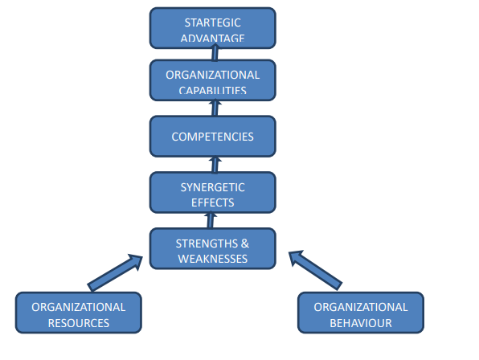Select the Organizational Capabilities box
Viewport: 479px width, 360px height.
tap(212, 80)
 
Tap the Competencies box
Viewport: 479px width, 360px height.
tap(212, 136)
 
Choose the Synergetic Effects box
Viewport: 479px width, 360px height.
tap(212, 193)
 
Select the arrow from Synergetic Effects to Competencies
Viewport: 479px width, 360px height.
tap(214, 165)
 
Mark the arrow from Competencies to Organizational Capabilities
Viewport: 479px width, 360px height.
tap(215, 108)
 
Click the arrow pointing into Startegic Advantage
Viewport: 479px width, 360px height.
tap(215, 53)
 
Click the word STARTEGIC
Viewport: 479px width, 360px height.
tap(212, 22)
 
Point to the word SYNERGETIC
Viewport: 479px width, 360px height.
tap(212, 187)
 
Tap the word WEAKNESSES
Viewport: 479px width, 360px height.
tap(212, 259)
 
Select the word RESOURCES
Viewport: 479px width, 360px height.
tap(78, 323)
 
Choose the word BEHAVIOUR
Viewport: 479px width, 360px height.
tap(360, 323)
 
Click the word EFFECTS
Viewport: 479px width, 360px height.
tap(212, 202)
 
